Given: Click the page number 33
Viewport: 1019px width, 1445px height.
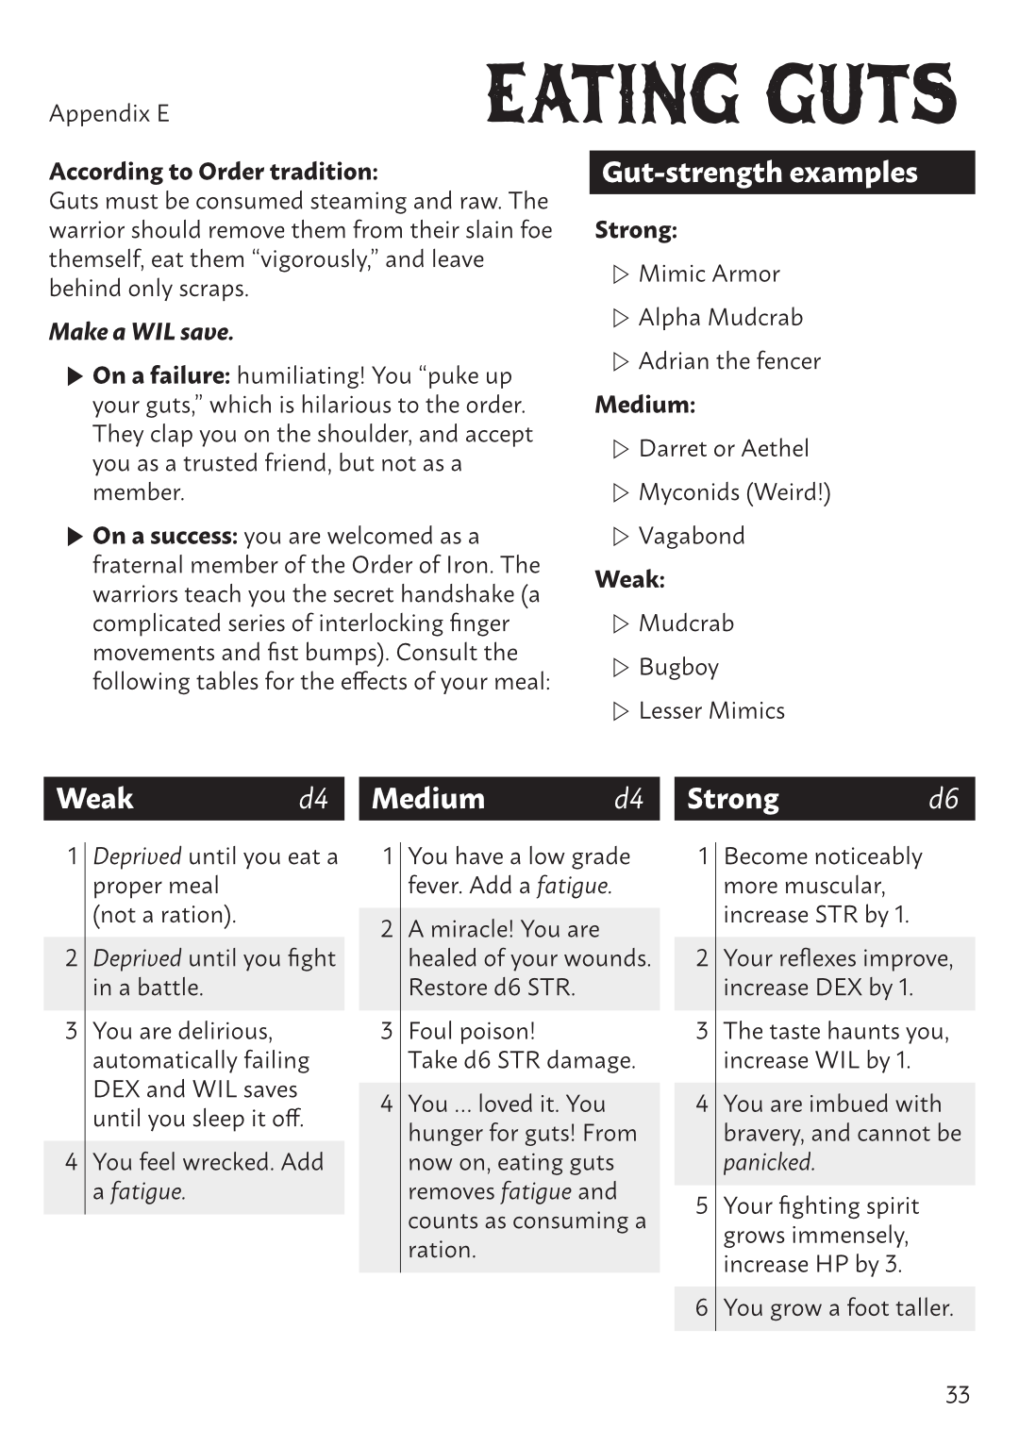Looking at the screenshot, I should tap(957, 1394).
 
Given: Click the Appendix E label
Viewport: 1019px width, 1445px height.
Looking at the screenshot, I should tap(109, 114).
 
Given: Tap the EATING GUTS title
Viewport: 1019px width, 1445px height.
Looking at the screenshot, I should tap(722, 94).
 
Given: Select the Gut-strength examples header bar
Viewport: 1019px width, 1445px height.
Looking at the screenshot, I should tap(781, 173).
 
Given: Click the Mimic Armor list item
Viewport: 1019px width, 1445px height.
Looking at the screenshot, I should tap(709, 274).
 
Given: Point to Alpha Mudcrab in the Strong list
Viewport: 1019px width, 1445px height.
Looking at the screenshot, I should tap(720, 317).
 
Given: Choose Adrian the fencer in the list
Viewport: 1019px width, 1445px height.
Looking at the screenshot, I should tap(729, 360).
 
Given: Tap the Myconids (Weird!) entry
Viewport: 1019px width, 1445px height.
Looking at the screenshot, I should tap(734, 491).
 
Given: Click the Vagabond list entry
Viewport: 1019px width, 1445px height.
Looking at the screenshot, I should tap(692, 536).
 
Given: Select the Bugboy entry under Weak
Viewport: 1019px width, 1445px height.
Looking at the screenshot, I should tap(678, 667).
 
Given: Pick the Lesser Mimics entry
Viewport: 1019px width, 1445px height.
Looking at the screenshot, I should tap(711, 710).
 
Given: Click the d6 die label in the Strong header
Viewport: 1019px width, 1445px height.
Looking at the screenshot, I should tap(943, 799).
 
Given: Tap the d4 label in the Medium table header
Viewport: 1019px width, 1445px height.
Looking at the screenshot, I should tap(628, 799).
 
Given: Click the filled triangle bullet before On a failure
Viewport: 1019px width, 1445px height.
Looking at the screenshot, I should tap(75, 376).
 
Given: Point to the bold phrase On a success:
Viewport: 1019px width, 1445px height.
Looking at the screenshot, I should tap(164, 536).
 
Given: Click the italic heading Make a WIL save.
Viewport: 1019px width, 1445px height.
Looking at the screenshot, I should tap(142, 332).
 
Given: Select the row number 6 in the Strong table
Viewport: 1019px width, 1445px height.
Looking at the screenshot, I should tap(701, 1307).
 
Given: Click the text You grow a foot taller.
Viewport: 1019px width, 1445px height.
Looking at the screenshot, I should tap(838, 1307).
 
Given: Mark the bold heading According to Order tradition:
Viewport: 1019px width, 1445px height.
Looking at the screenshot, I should tap(213, 172).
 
